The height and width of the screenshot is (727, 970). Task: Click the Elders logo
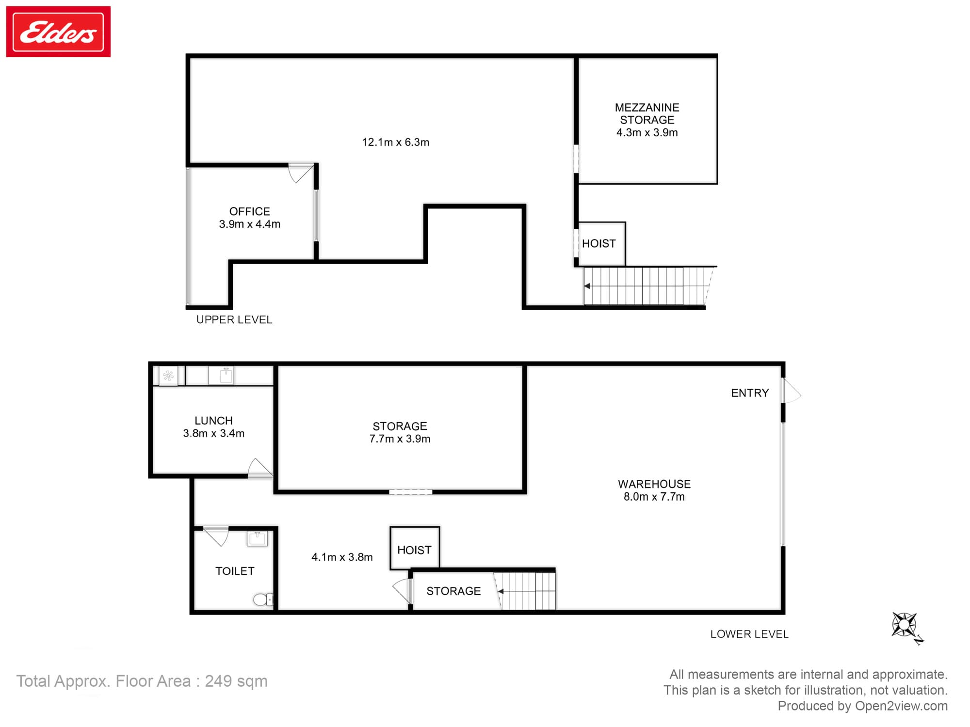pyautogui.click(x=58, y=32)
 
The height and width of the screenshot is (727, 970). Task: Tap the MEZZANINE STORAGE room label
pyautogui.click(x=647, y=120)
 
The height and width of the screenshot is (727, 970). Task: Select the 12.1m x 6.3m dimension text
pyautogui.click(x=395, y=142)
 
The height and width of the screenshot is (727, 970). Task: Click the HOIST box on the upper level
pyautogui.click(x=600, y=244)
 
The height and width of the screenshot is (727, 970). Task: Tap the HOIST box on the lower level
pyautogui.click(x=414, y=550)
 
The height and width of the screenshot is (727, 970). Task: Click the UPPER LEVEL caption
pyautogui.click(x=234, y=320)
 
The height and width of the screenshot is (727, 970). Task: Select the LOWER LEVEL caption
pyautogui.click(x=749, y=634)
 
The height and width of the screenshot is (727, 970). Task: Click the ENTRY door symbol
pyautogui.click(x=790, y=392)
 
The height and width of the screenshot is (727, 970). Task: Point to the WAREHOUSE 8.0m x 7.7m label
pyautogui.click(x=654, y=490)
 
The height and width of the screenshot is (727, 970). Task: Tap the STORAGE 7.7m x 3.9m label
pyautogui.click(x=400, y=432)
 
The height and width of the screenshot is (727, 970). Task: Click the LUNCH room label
pyautogui.click(x=213, y=427)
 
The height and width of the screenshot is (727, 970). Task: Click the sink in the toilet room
pyautogui.click(x=257, y=538)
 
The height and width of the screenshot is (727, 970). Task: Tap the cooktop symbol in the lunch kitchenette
pyautogui.click(x=168, y=376)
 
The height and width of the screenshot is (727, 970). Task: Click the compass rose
pyautogui.click(x=905, y=625)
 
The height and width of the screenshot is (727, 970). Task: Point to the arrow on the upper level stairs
pyautogui.click(x=587, y=286)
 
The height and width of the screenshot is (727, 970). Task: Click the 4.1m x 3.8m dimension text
pyautogui.click(x=342, y=557)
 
